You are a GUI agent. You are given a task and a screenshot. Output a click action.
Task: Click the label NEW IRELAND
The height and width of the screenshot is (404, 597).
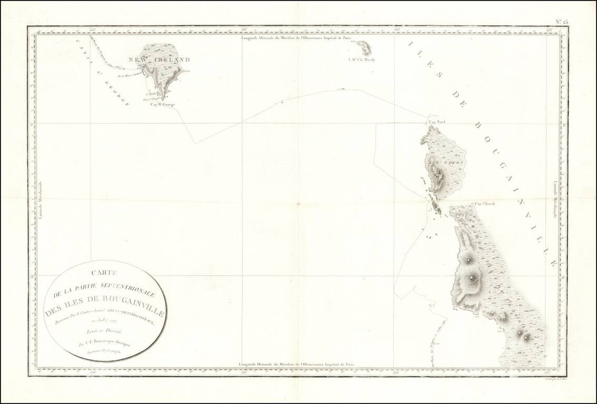pos(163,60)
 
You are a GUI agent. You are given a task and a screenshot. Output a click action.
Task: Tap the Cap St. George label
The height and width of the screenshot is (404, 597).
pos(162,104)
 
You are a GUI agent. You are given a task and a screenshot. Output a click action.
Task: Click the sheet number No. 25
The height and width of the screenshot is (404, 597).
pos(562,22)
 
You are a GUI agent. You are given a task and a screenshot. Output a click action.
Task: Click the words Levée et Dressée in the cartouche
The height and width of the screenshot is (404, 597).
pos(106,331)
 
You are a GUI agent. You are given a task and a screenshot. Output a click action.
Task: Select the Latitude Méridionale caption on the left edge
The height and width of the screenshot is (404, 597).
pos(39,200)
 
